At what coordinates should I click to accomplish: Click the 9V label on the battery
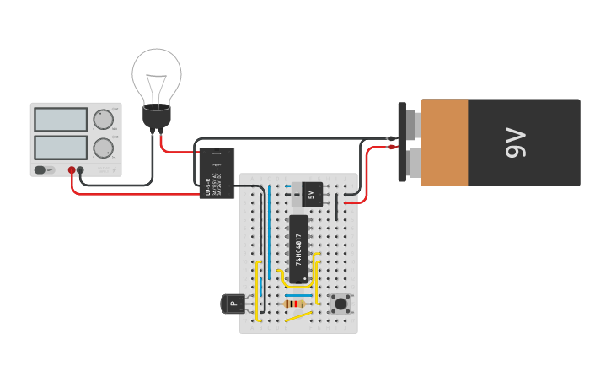tap(515, 143)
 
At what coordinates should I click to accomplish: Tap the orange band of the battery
tap(444, 143)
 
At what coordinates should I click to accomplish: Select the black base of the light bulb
tap(157, 116)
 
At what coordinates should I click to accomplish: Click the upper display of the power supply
tap(61, 120)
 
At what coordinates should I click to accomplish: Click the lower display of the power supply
tap(61, 148)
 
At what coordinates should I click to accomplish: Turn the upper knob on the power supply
tap(104, 120)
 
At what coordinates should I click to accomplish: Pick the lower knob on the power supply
tap(104, 148)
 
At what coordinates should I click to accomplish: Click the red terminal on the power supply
tap(72, 170)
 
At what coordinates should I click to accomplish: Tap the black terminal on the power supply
tap(81, 170)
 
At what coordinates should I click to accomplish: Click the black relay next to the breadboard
tap(217, 173)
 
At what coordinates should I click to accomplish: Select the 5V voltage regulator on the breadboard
tap(311, 195)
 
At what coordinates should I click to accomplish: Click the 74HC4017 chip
tap(298, 249)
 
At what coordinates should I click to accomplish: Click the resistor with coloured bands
tap(294, 304)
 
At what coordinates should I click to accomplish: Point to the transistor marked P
tap(233, 304)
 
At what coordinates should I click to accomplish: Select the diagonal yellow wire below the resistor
tap(297, 317)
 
